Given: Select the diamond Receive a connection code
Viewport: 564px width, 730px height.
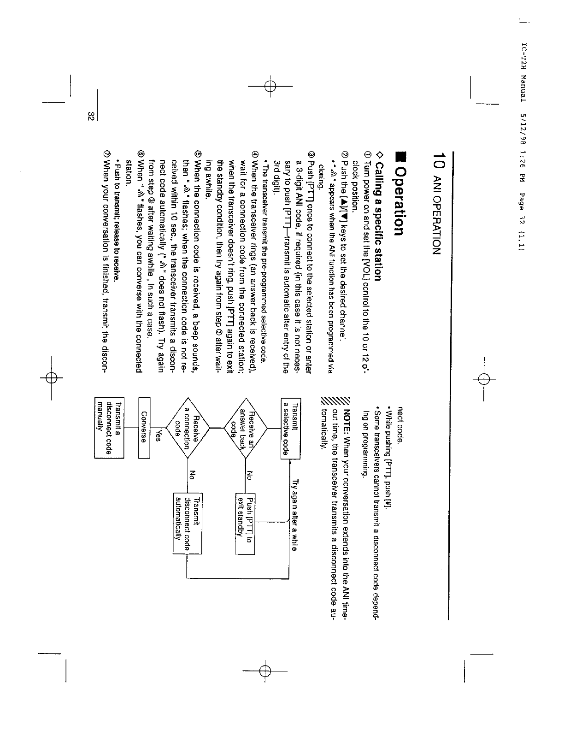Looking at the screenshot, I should [x=188, y=429].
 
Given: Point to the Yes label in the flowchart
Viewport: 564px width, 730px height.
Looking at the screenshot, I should [x=158, y=436].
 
